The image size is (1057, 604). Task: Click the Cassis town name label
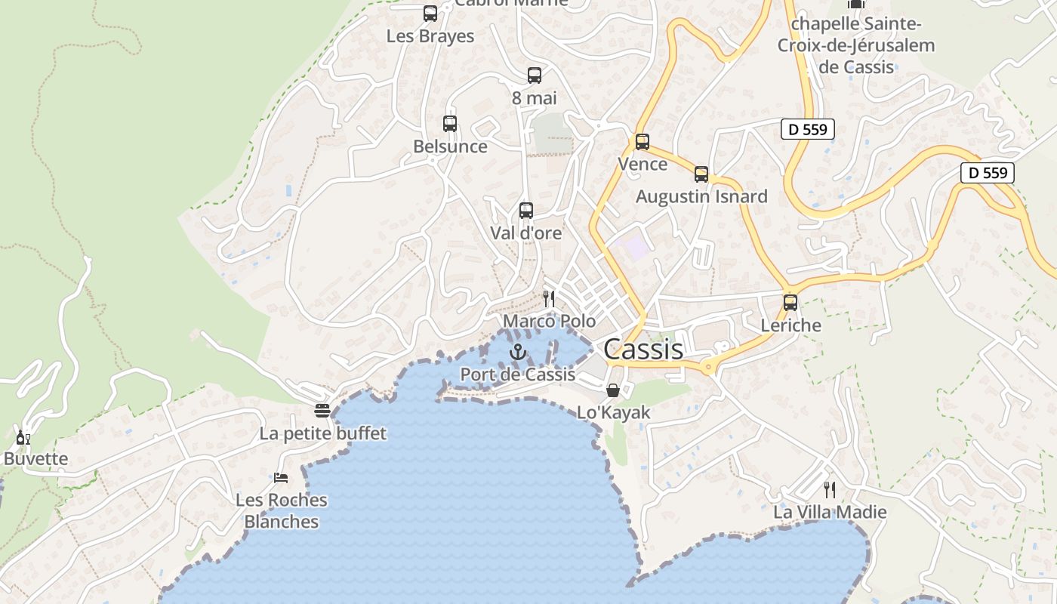click(643, 350)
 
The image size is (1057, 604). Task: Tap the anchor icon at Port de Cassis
click(517, 352)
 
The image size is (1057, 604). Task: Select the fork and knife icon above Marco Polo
click(549, 299)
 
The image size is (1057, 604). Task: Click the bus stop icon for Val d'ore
click(526, 211)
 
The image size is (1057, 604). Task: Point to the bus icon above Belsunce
click(450, 123)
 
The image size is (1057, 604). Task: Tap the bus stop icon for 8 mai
click(535, 75)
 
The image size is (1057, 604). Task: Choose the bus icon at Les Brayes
click(430, 13)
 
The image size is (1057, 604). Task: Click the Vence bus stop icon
click(643, 141)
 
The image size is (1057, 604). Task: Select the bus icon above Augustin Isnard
click(701, 174)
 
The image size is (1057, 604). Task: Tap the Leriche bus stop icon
click(790, 303)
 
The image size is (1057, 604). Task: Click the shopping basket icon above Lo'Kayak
click(613, 390)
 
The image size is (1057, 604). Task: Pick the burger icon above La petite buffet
click(322, 411)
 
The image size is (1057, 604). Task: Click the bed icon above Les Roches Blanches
click(281, 477)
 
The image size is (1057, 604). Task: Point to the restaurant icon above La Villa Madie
click(830, 489)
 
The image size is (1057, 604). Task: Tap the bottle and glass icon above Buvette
click(23, 437)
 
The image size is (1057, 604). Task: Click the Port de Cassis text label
click(518, 374)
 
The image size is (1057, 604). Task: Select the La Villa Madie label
click(830, 512)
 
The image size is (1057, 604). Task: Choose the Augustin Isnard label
click(701, 197)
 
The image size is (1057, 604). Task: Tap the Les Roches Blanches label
click(282, 510)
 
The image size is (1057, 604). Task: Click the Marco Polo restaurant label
click(549, 322)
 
